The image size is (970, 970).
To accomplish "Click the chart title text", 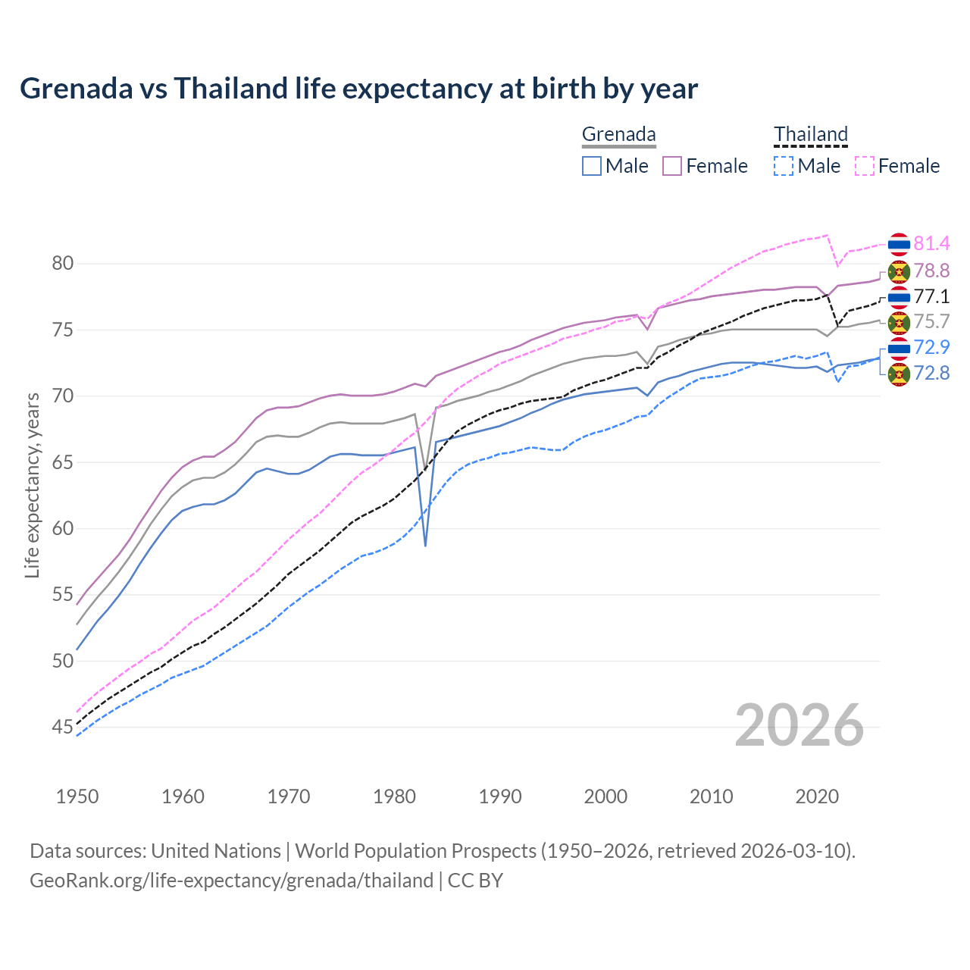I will tap(358, 89).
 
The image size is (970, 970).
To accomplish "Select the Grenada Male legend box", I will tap(592, 166).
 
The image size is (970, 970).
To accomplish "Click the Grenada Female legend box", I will tap(672, 166).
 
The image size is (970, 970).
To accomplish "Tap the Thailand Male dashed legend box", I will tap(784, 166).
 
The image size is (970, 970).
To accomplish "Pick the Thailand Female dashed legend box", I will tap(865, 166).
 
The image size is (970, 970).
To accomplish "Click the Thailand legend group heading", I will tap(810, 135).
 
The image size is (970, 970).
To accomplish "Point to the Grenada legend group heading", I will tap(618, 135).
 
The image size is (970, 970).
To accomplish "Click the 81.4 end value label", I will tap(931, 243).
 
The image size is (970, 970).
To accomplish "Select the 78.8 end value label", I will tap(931, 271).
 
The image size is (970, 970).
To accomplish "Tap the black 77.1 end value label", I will tap(931, 296).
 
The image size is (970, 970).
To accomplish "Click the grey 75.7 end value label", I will tap(931, 321).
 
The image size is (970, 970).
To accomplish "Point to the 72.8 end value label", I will tap(931, 373).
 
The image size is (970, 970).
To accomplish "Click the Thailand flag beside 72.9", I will tap(899, 348).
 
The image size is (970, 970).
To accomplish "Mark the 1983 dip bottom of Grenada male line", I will tap(425, 545).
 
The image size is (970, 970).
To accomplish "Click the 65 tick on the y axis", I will tap(63, 462).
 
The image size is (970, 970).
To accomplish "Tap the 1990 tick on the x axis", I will tap(500, 796).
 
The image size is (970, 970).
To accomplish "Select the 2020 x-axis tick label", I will tap(817, 796).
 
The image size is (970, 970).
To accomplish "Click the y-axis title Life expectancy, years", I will tap(32, 485).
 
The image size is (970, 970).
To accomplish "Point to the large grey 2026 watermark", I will tap(799, 725).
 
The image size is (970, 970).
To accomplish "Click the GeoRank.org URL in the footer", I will tap(231, 881).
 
